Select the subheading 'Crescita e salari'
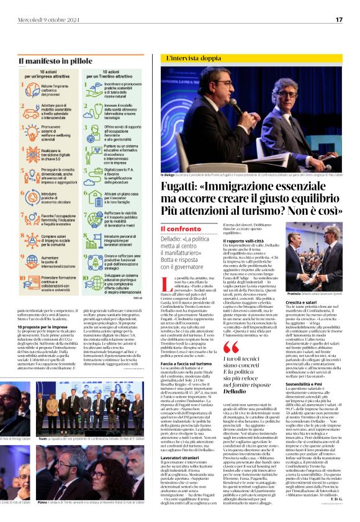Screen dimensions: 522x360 (302, 318)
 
